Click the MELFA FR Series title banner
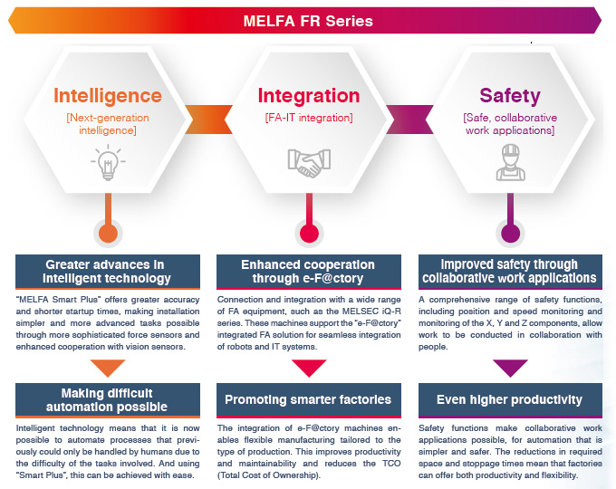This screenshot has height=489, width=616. click(308, 20)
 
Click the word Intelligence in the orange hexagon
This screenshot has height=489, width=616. click(108, 96)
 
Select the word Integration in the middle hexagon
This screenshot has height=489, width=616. click(309, 96)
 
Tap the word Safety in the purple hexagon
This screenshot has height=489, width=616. click(510, 96)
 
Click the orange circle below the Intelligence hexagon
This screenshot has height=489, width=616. click(108, 234)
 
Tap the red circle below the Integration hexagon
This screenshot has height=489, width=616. click(309, 234)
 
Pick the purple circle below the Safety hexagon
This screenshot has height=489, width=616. click(510, 234)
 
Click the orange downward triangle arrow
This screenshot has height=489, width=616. click(108, 368)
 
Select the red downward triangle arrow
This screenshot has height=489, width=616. click(309, 368)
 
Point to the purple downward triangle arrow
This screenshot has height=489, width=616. click(510, 368)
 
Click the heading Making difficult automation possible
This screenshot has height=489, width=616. click(108, 399)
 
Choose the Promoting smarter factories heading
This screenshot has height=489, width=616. click(309, 399)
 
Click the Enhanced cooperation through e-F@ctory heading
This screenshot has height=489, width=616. click(309, 271)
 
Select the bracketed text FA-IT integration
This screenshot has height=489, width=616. click(309, 118)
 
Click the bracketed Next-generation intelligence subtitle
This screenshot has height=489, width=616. click(108, 124)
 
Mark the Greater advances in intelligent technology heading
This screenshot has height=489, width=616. click(108, 271)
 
